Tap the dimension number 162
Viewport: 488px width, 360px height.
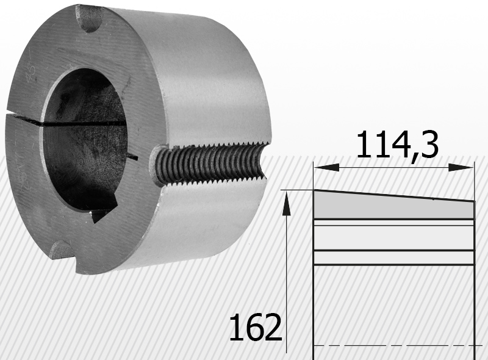pos(256,326)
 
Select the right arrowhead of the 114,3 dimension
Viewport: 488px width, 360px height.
pos(461,167)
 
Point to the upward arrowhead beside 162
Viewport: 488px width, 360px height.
pos(286,203)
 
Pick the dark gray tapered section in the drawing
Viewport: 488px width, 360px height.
pos(393,205)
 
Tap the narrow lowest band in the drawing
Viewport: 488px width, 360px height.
pos(394,257)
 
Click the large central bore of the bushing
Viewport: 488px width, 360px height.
pos(85,139)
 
